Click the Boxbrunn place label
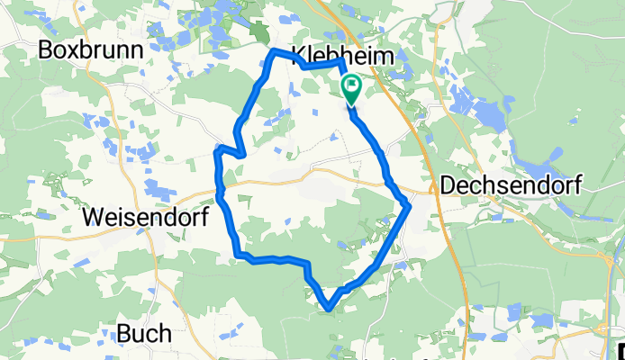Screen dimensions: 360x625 click(x=91, y=50)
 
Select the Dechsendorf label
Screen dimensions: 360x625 click(x=512, y=184)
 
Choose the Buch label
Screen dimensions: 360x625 click(x=144, y=334)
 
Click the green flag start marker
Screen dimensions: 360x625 click(x=350, y=88)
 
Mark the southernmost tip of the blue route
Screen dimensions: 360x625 click(x=330, y=310)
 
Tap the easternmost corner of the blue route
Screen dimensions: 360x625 click(x=410, y=205)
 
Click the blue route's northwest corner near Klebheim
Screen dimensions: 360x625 click(x=275, y=52)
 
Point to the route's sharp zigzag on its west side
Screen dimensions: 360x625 click(x=241, y=153)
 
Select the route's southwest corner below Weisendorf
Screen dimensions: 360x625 click(x=238, y=257)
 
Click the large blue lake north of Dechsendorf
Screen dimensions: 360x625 click(x=486, y=113)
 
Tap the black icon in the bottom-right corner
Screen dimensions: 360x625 click(x=620, y=349)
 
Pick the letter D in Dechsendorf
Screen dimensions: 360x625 click(x=448, y=184)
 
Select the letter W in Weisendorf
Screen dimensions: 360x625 click(x=92, y=217)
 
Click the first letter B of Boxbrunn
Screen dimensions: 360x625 click(x=46, y=50)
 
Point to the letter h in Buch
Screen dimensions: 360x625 click(x=165, y=334)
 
